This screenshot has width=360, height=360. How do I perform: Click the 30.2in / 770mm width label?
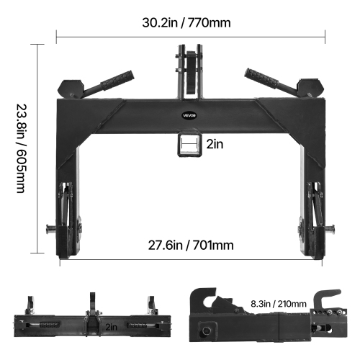186,22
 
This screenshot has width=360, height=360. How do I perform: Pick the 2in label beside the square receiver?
215,144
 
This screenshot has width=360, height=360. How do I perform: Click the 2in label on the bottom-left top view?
112,326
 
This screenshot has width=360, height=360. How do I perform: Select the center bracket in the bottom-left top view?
93,317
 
